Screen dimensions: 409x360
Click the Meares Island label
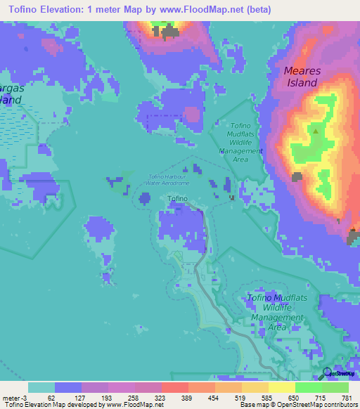click(301, 77)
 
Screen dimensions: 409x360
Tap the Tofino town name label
click(177, 199)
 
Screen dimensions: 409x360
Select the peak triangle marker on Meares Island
click(316, 131)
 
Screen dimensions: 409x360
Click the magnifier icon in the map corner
click(328, 372)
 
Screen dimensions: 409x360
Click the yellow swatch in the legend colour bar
click(281, 387)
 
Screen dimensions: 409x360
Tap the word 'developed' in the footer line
click(84, 405)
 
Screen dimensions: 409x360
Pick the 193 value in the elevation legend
click(108, 398)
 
